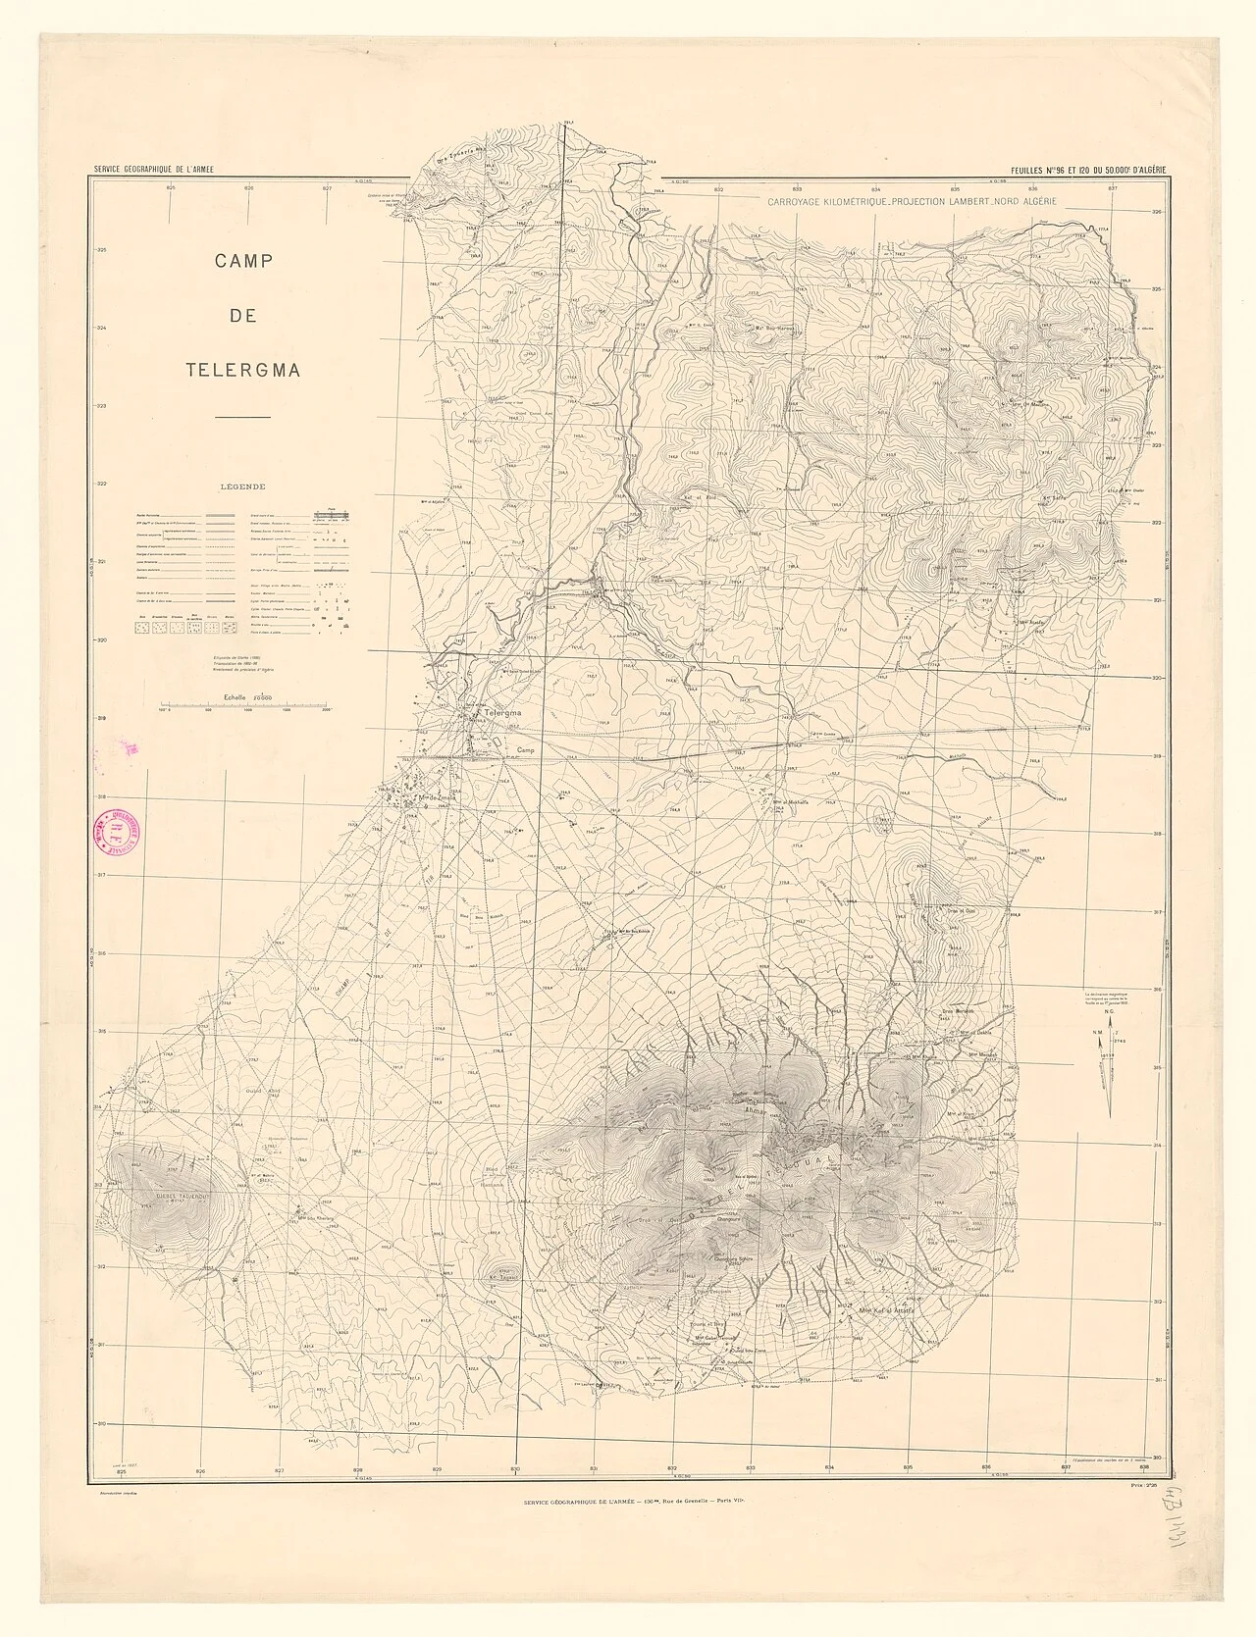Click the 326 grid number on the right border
tap(1156, 212)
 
